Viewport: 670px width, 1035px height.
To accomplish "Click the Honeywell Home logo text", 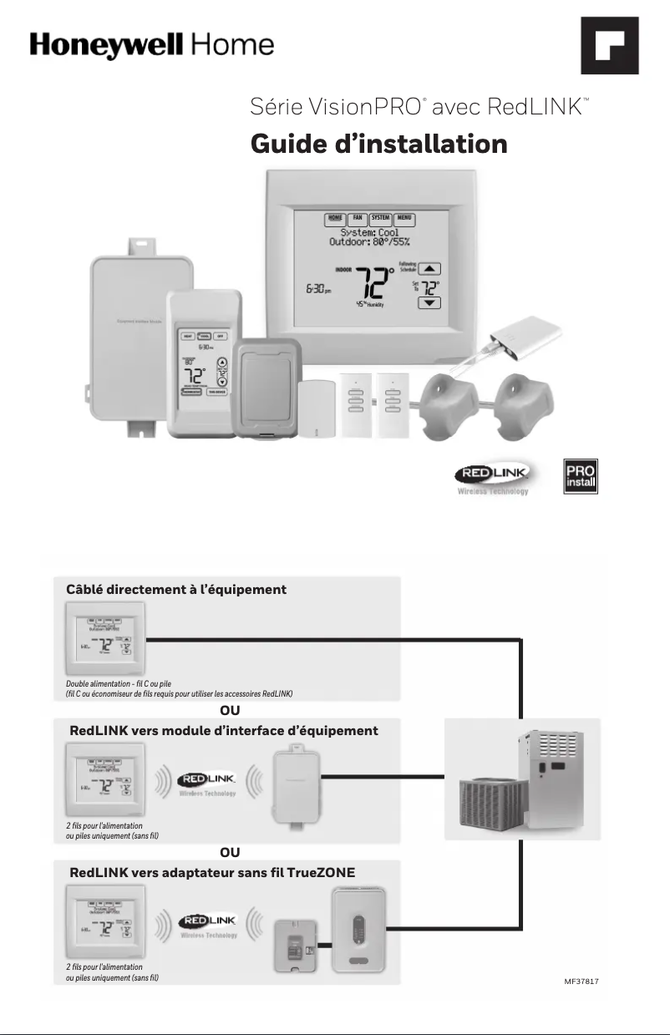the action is [x=151, y=44].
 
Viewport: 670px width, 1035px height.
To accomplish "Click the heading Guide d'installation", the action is [x=378, y=144].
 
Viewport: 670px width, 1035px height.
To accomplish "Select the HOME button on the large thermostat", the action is [x=336, y=219].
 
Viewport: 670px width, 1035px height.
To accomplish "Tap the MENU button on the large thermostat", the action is [x=407, y=219].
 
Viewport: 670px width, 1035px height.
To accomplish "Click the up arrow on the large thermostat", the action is [x=429, y=269].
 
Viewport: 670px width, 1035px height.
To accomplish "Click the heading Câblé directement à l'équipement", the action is [x=175, y=590].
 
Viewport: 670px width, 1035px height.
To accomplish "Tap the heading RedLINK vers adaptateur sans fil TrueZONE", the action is [x=212, y=872].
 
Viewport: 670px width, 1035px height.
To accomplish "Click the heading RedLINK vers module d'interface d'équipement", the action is [x=223, y=730].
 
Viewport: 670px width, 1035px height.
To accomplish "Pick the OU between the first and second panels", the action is [x=230, y=711].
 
